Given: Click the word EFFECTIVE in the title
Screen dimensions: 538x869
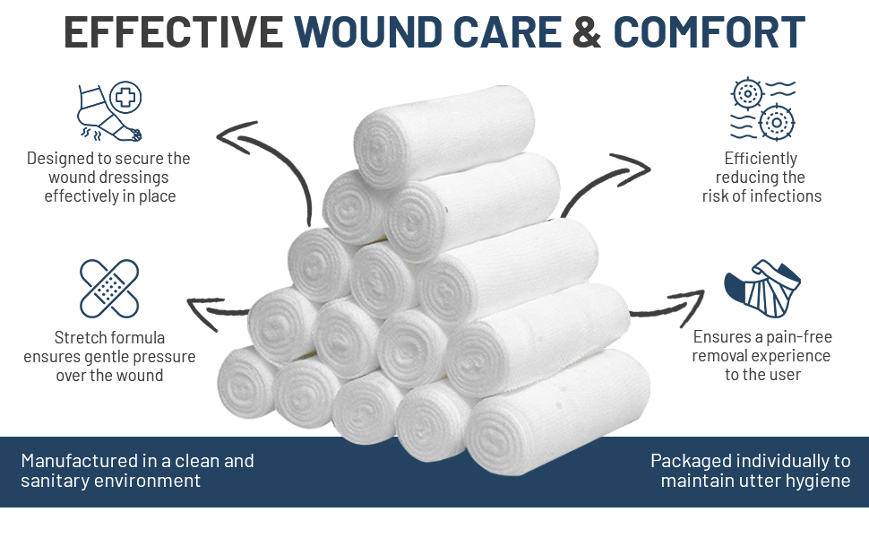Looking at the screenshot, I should tap(174, 32).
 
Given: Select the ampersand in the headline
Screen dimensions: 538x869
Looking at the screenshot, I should tap(586, 32).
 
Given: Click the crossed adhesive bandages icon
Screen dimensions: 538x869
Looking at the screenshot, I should tap(109, 288).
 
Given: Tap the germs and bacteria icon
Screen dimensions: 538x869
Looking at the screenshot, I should tap(762, 109).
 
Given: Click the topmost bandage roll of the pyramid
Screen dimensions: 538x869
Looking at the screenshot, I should tap(443, 134).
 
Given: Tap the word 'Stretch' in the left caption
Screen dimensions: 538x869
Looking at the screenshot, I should tap(80, 338).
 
